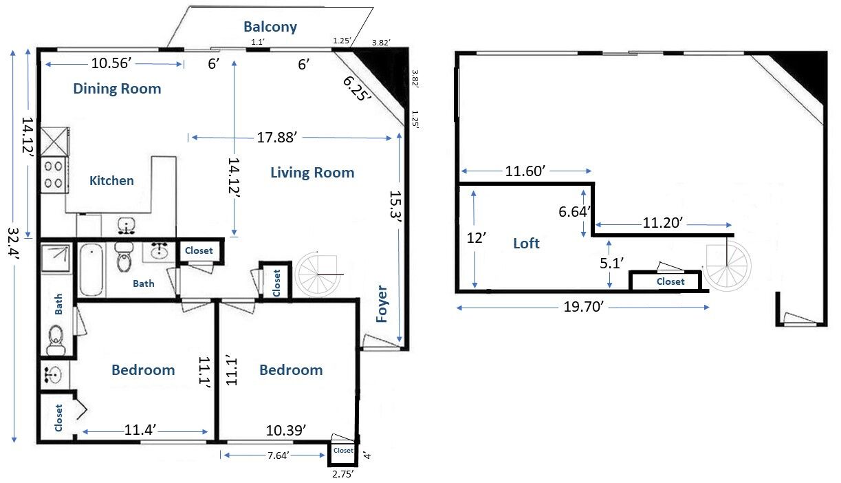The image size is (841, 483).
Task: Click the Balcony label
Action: [270, 27]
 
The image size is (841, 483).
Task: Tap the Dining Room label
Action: [117, 89]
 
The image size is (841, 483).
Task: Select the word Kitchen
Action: [111, 181]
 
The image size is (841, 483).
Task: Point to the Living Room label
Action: [312, 173]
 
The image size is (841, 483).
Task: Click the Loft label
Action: [526, 244]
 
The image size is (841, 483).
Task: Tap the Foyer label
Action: [382, 304]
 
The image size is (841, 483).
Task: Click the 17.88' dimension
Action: [276, 138]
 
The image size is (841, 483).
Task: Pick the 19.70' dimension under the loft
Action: [583, 307]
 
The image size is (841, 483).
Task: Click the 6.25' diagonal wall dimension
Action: [357, 89]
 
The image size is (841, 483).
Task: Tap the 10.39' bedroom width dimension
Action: [286, 431]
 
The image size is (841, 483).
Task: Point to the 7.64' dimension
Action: [278, 455]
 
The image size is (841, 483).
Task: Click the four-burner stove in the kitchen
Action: [54, 175]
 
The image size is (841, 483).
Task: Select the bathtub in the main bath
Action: [91, 269]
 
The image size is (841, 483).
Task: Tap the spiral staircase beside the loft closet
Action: [727, 266]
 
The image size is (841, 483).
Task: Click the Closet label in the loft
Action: [670, 281]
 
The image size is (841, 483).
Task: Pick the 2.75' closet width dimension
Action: [342, 474]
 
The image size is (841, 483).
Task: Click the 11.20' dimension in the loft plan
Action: [663, 223]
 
